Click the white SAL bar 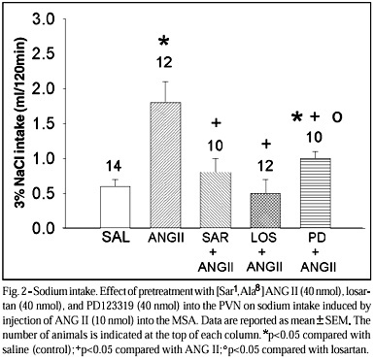116,208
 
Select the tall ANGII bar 166,165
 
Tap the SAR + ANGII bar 216,201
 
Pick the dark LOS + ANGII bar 265,211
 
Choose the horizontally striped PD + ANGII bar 316,193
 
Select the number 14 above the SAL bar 114,167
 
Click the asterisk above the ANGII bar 164,42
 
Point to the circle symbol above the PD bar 337,117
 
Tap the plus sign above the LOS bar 266,145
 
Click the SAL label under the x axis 116,238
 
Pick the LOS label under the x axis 264,238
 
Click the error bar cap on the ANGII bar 166,82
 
